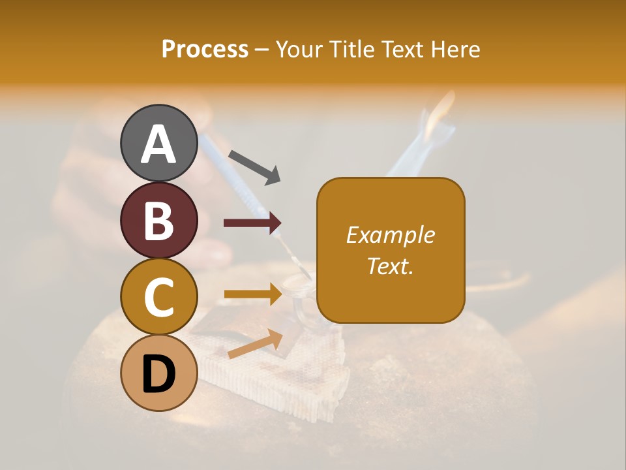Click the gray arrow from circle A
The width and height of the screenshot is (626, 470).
254,166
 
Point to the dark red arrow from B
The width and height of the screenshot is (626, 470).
252,223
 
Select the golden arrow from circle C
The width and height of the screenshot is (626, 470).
252,294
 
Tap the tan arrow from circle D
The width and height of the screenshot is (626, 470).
255,344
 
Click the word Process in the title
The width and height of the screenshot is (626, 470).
205,50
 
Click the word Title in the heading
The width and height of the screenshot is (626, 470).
352,50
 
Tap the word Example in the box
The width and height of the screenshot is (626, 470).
390,235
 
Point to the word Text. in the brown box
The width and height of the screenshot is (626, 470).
390,266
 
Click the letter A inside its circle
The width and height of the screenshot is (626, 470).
158,144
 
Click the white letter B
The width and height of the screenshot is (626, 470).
158,220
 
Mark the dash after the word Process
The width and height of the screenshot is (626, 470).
262,50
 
